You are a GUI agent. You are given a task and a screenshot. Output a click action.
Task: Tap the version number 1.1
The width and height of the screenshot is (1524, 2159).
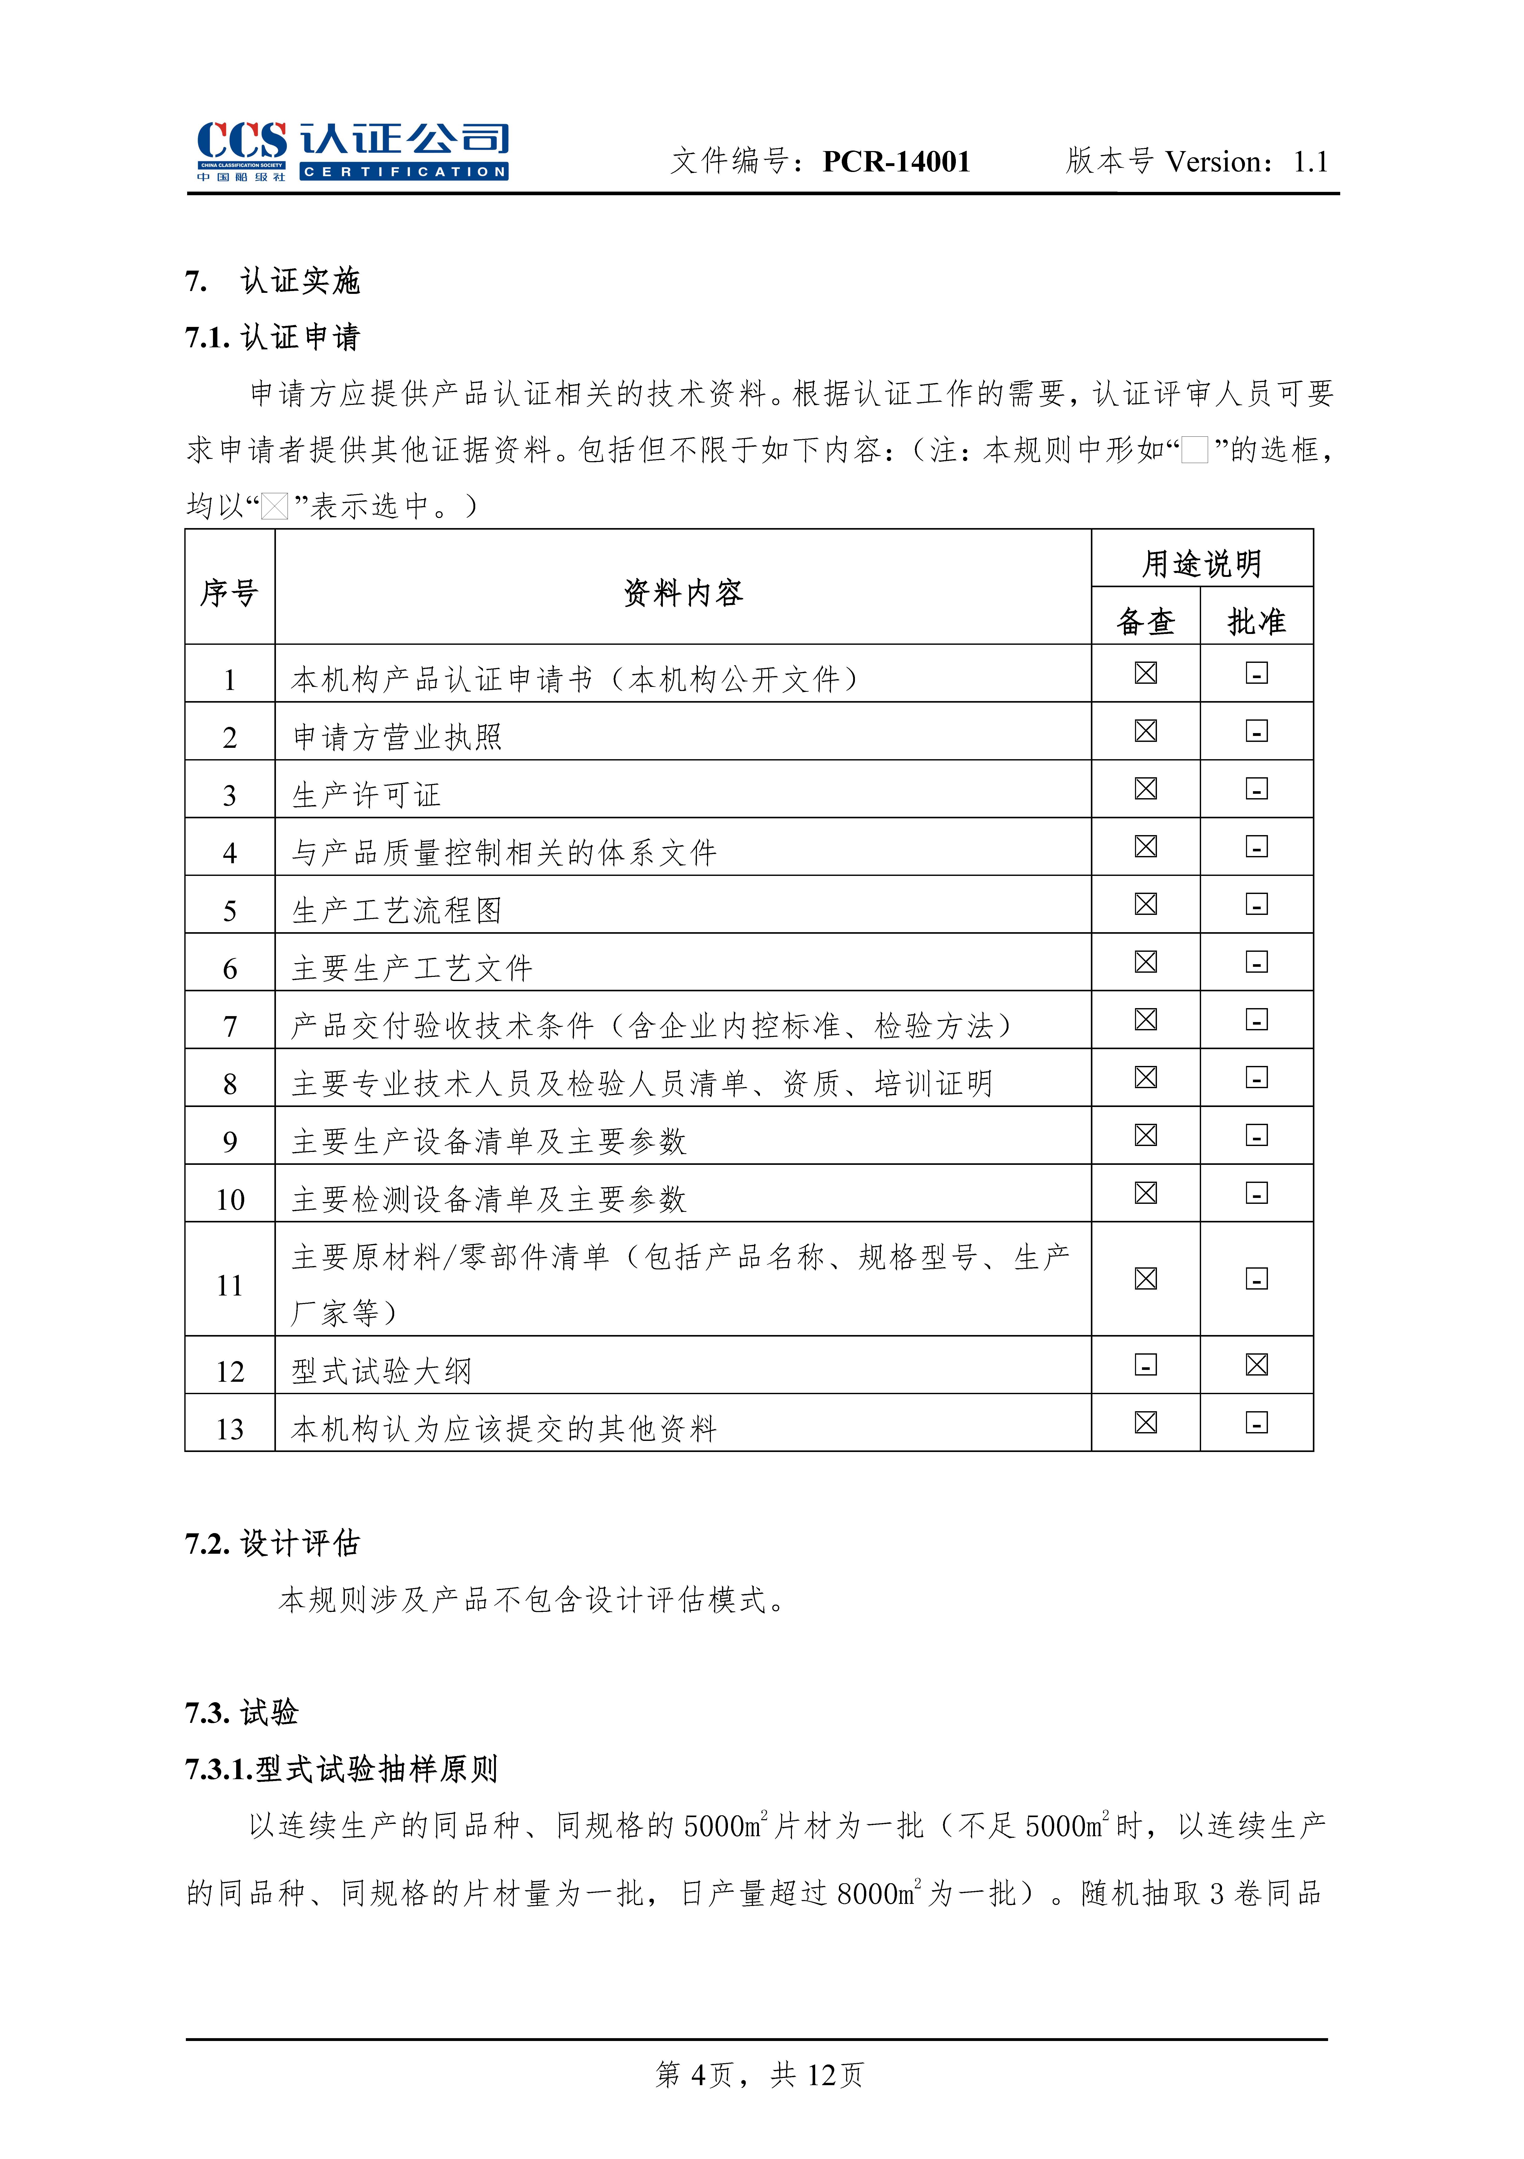coord(1310,162)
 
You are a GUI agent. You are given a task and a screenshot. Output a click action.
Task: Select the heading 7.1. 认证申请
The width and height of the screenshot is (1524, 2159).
coord(273,337)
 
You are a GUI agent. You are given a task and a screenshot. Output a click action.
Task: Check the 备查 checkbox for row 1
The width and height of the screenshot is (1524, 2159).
coord(1145,673)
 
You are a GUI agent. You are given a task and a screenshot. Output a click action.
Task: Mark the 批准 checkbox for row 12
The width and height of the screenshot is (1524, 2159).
coord(1256,1364)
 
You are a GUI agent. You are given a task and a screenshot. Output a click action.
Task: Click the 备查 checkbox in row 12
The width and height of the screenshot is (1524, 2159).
coord(1145,1364)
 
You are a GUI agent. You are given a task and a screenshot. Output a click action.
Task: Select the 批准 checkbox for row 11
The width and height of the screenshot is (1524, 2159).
coord(1256,1279)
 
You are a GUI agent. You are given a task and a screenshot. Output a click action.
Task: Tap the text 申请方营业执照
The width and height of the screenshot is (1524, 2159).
coord(397,737)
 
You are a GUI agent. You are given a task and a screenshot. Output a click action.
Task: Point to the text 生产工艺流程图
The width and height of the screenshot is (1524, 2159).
coord(397,910)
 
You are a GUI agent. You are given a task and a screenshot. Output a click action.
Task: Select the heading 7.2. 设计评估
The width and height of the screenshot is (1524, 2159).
coord(273,1543)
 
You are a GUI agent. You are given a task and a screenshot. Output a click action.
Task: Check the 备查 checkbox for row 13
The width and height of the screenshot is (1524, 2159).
coord(1145,1423)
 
